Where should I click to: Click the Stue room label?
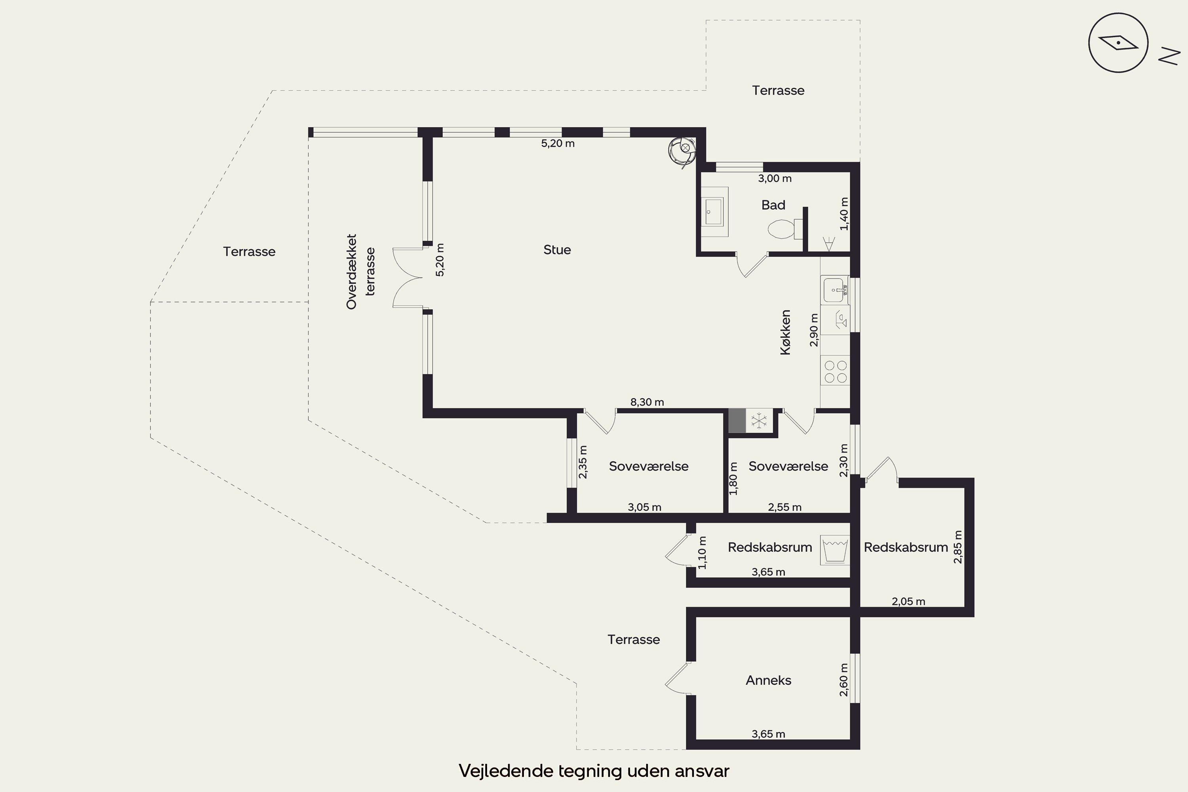coord(557,249)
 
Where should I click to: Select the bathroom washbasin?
coord(714,211)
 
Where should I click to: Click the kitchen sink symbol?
coord(834,290)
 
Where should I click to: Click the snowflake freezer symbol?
coord(759,421)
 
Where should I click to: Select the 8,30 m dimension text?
coord(647,402)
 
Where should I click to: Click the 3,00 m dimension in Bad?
coord(775,178)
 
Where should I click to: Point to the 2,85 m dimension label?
coord(958,546)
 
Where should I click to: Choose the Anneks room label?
coord(768,680)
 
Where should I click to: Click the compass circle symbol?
coord(1118,43)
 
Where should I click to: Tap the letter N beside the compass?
coord(1169,56)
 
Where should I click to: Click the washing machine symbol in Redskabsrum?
coord(834,550)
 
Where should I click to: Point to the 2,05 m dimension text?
coord(908,601)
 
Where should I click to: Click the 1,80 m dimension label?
coord(733,478)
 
